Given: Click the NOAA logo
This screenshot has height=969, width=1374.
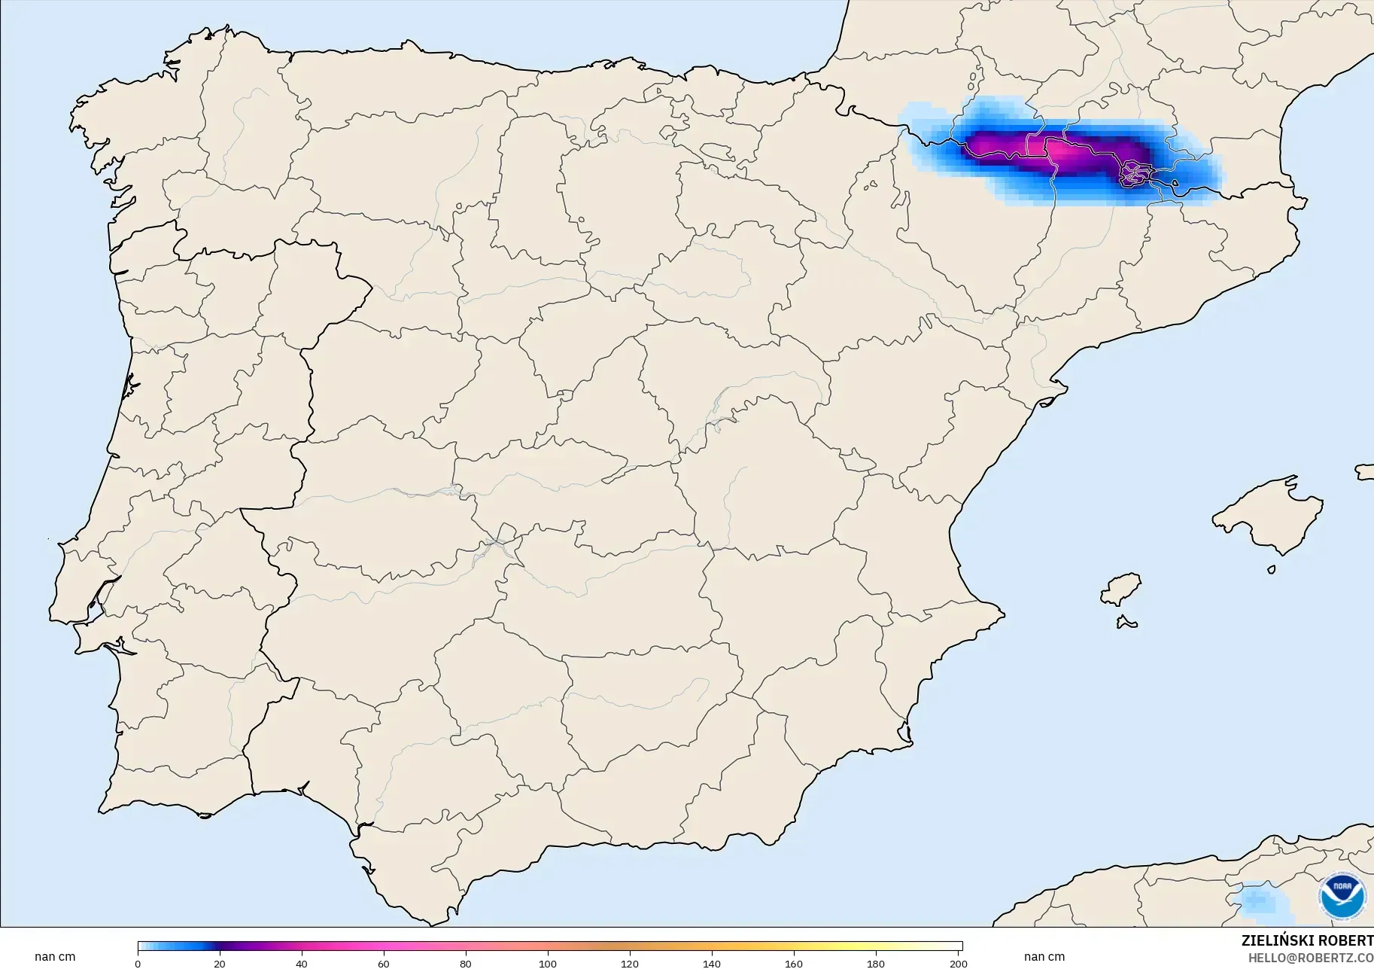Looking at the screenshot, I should click(1342, 896).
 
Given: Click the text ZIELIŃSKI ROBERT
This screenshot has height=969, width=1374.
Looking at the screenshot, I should click(1307, 940).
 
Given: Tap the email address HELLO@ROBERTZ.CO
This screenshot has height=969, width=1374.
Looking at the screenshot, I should click(1310, 958).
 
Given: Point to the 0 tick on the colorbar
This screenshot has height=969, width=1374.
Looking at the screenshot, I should click(138, 963).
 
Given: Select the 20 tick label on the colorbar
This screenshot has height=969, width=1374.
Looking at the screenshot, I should click(219, 963).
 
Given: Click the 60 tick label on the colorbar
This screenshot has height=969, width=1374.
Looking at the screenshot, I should click(384, 963).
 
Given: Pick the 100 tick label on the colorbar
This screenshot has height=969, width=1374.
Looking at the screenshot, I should click(548, 963).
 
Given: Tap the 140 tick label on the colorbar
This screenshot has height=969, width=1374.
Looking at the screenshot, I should click(712, 963).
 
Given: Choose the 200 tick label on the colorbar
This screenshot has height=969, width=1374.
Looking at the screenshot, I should click(958, 963).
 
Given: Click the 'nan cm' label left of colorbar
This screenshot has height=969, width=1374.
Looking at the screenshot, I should click(55, 957).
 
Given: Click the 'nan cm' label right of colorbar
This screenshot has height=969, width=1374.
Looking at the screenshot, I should click(1044, 957).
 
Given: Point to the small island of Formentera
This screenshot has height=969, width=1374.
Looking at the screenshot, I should click(1126, 623).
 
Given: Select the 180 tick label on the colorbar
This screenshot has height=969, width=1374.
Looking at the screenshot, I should click(876, 963).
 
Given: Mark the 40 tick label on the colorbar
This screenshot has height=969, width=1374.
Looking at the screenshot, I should click(301, 963).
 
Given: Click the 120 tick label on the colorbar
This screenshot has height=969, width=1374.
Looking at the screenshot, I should click(630, 963).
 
